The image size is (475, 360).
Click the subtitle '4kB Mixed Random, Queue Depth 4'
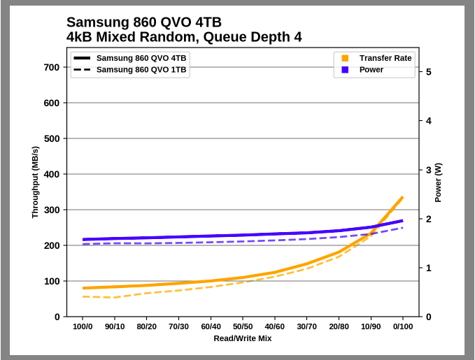point(184,37)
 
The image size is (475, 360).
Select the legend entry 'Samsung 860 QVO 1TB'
point(141,70)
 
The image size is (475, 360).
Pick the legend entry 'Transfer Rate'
point(385,58)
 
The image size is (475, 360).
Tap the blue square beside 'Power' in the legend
point(345,70)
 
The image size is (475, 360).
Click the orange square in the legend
point(345,58)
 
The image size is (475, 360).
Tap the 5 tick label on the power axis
point(428,72)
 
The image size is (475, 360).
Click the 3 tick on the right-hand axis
point(428,170)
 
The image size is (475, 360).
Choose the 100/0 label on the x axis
point(83,326)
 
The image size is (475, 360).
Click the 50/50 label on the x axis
point(243,326)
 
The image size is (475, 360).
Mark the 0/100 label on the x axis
point(402,326)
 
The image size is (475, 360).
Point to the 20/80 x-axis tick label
point(339,326)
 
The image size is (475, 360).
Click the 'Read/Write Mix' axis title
point(243,338)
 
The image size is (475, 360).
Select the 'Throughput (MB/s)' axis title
point(35,182)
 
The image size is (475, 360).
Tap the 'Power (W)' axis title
point(439,182)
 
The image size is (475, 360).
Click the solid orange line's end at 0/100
point(402,198)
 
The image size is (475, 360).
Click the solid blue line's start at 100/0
point(83,240)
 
